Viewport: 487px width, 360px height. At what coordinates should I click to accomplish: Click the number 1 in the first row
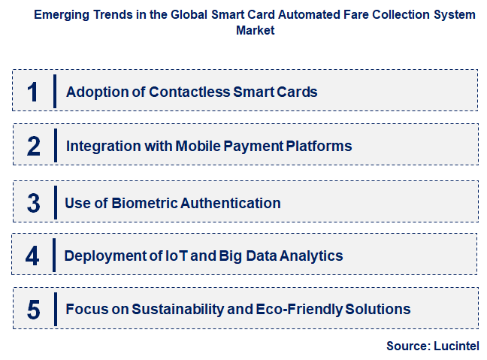point(32,92)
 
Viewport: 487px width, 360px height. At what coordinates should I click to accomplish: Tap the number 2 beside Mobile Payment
point(33,146)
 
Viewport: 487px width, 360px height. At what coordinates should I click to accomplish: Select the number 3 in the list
point(33,203)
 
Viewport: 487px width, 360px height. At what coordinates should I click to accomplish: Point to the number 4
point(32,256)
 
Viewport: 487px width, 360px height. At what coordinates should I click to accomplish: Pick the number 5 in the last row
point(33,309)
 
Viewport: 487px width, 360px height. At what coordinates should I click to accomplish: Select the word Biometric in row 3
point(142,203)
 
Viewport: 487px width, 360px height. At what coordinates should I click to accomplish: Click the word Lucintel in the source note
point(456,346)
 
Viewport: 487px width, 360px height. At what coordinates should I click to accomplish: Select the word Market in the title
point(256,31)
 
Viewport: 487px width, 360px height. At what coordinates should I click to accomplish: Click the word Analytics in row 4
point(310,256)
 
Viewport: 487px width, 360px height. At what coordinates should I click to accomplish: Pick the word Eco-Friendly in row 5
point(307,309)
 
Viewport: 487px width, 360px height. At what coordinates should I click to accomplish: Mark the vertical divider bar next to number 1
point(55,92)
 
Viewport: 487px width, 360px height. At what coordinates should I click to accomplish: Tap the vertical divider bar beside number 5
point(55,309)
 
